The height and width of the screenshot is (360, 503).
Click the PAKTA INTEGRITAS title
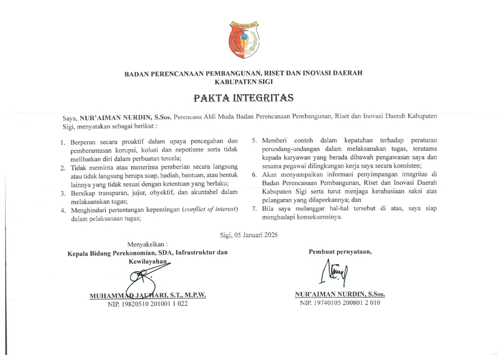(x=243, y=98)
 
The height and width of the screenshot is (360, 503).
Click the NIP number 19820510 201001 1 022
(x=148, y=304)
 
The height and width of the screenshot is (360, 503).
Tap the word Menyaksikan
(x=147, y=244)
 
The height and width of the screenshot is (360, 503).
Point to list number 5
(x=255, y=140)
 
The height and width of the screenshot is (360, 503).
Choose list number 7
(x=255, y=209)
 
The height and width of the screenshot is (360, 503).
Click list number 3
(x=63, y=193)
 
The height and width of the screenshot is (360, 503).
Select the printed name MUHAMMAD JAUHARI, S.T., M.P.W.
(x=148, y=295)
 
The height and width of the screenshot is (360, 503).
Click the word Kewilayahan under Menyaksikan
(x=148, y=261)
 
